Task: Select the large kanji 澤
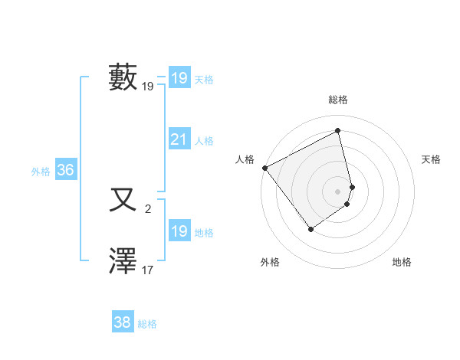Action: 123,261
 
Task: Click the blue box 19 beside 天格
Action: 179,77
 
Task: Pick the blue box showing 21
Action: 179,139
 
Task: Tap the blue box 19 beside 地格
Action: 179,231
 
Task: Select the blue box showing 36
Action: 65,170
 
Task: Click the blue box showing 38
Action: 123,322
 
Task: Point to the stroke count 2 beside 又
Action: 148,208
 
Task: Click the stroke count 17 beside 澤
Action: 148,270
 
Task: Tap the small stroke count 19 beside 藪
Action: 148,87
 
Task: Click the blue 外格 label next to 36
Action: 41,172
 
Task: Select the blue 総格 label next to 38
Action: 147,324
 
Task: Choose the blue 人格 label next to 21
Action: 204,141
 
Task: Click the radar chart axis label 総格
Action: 338,100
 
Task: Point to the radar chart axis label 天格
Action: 432,159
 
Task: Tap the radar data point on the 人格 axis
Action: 264,168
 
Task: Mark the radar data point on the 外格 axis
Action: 310,229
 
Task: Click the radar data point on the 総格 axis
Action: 338,131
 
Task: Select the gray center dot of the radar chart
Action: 338,191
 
